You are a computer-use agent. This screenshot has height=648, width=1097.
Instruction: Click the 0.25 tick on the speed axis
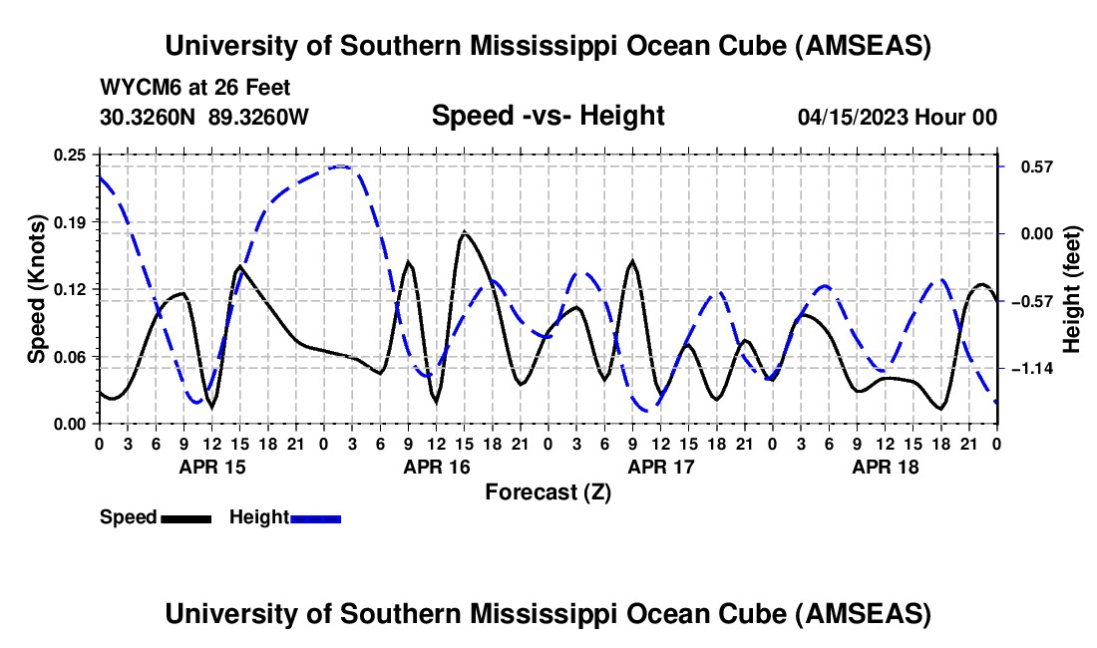click(72, 155)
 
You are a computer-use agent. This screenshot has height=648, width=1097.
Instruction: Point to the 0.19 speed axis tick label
click(72, 221)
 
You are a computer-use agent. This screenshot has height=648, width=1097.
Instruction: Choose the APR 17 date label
click(660, 466)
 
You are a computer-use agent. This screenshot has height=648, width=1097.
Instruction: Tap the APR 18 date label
click(885, 466)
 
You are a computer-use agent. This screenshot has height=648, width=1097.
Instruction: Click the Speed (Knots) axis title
click(36, 289)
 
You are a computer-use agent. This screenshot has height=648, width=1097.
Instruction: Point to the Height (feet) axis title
click(1072, 289)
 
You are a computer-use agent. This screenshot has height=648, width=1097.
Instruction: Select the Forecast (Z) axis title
click(548, 491)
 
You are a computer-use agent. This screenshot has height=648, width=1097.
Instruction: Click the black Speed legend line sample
click(185, 517)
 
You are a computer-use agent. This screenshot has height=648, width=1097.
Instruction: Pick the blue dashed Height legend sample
click(315, 517)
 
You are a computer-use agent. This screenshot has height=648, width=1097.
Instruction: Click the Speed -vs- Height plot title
click(548, 116)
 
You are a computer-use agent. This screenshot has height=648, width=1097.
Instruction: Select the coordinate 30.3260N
click(149, 117)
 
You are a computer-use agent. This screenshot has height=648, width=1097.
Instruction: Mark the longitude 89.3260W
click(258, 117)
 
